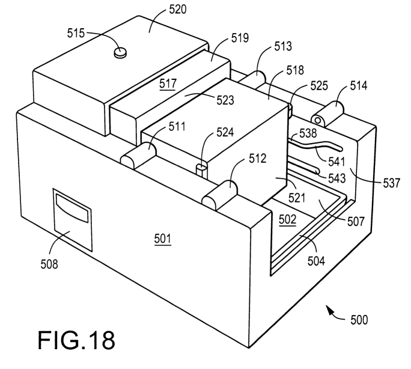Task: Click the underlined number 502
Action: coord(287,220)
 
